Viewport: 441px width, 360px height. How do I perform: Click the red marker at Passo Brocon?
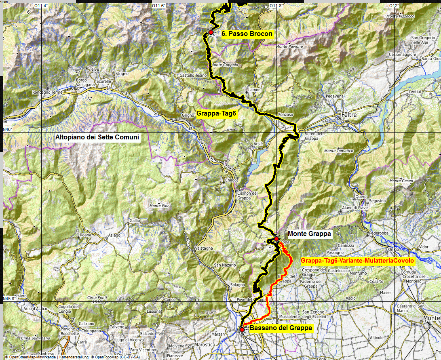coord(211,32)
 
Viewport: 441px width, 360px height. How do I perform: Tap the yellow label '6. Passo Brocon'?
coord(247,34)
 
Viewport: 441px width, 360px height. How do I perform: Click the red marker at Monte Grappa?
coord(276,239)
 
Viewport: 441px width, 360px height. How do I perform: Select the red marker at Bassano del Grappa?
coord(242,330)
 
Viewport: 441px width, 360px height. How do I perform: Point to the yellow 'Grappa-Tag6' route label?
coord(216,114)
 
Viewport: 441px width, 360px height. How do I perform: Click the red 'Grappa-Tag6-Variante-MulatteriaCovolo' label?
coord(357,261)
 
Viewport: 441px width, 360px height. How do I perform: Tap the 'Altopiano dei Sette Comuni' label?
coord(97,137)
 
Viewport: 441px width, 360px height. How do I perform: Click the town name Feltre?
coord(349,115)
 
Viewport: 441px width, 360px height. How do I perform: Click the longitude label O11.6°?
coord(158,6)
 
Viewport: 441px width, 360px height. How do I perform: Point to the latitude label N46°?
coord(8,129)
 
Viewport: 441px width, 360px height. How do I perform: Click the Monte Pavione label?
coord(289,46)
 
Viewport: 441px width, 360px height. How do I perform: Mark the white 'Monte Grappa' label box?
coord(309,234)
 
